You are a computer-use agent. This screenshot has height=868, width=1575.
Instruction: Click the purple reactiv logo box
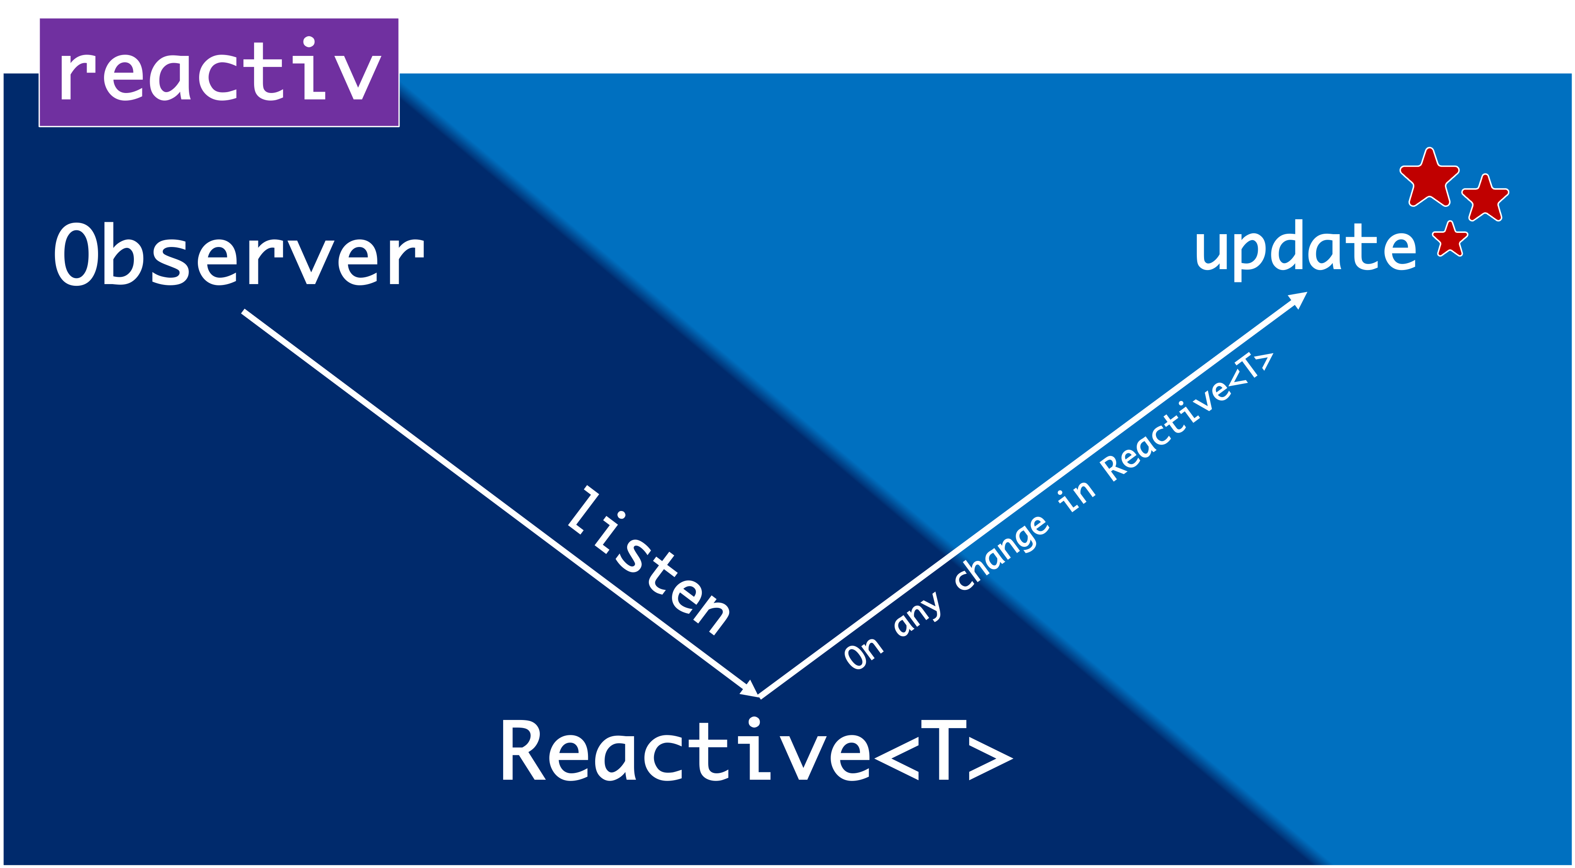[219, 72]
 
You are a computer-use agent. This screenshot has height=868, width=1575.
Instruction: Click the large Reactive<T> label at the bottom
[756, 751]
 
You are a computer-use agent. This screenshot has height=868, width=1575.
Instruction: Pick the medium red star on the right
[1485, 197]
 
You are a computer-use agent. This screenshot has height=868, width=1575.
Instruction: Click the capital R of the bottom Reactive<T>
[524, 751]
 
